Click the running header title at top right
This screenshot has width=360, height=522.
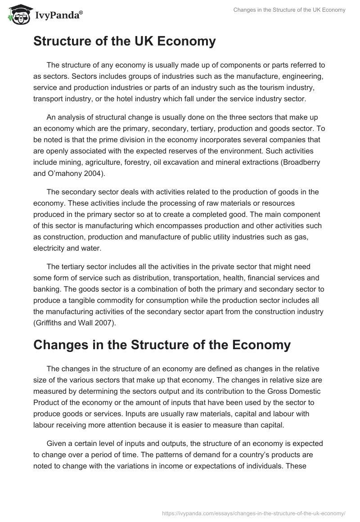pos(289,10)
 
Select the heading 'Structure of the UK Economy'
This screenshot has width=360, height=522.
pos(125,41)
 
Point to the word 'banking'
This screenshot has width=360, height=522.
pos(47,277)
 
